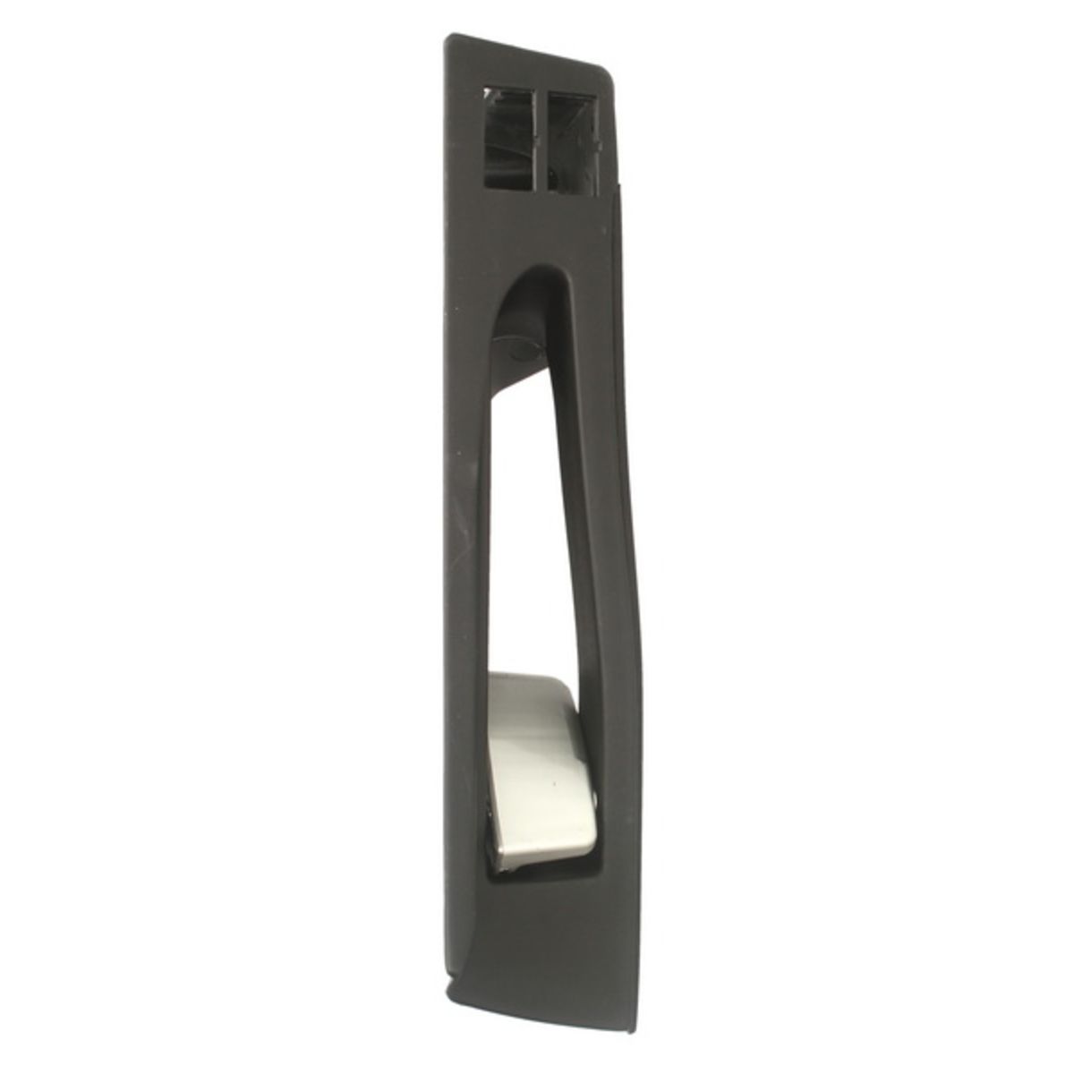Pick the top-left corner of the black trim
coord(448,38)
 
